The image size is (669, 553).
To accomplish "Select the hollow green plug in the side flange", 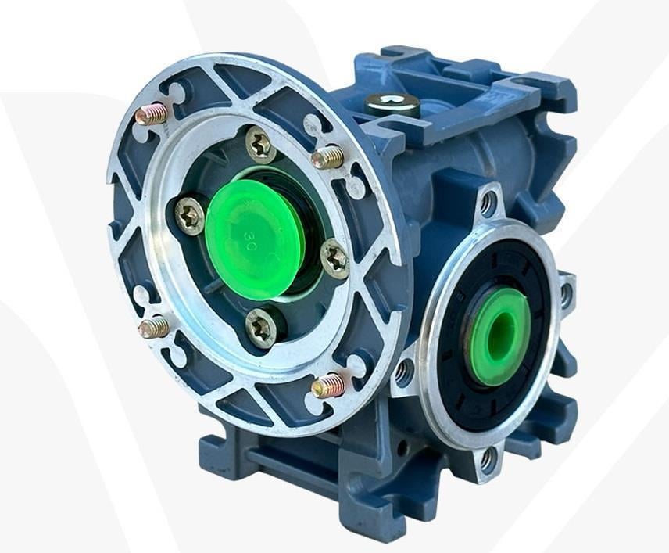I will click(500, 336).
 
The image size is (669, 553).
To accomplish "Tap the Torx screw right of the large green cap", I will click(335, 258).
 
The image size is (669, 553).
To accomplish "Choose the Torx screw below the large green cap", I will click(261, 326).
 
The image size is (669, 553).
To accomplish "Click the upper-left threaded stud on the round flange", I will click(151, 115).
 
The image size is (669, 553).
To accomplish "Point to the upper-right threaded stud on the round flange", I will click(327, 156).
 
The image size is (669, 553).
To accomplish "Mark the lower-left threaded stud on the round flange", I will click(153, 327).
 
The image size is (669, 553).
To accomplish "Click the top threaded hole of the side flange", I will click(488, 205).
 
